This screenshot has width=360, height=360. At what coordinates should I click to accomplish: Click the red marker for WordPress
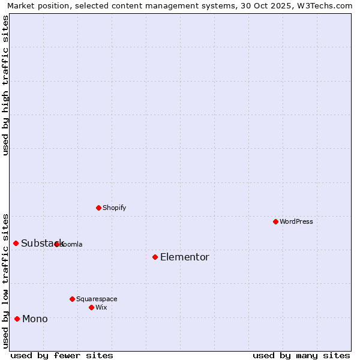pyautogui.click(x=275, y=221)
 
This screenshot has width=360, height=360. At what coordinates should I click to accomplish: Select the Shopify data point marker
pyautogui.click(x=98, y=208)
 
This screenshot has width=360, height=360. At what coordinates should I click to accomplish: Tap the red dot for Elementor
pyautogui.click(x=155, y=257)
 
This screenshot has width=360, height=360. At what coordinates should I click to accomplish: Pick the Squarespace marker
pyautogui.click(x=72, y=299)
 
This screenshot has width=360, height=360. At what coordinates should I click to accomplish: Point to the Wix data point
pyautogui.click(x=91, y=307)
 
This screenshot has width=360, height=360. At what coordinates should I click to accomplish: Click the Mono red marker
pyautogui.click(x=17, y=319)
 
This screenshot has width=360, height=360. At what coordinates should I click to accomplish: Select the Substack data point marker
pyautogui.click(x=16, y=243)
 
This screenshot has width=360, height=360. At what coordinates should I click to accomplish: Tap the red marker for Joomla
pyautogui.click(x=56, y=244)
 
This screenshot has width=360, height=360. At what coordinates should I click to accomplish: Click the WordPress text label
pyautogui.click(x=296, y=221)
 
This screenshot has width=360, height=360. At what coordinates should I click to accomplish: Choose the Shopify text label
pyautogui.click(x=114, y=208)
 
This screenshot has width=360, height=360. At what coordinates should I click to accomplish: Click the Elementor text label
pyautogui.click(x=184, y=257)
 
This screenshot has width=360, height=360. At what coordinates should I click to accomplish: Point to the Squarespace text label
pyautogui.click(x=97, y=299)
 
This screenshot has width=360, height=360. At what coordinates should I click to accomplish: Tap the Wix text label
pyautogui.click(x=101, y=307)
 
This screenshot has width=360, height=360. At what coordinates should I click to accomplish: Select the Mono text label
pyautogui.click(x=35, y=319)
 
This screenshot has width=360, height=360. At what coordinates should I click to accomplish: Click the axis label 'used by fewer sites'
pyautogui.click(x=62, y=355)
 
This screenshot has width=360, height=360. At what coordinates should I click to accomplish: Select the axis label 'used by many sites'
pyautogui.click(x=301, y=355)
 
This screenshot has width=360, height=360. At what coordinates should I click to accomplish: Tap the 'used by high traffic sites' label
pyautogui.click(x=5, y=85)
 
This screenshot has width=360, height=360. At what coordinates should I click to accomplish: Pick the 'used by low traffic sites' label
pyautogui.click(x=5, y=281)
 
